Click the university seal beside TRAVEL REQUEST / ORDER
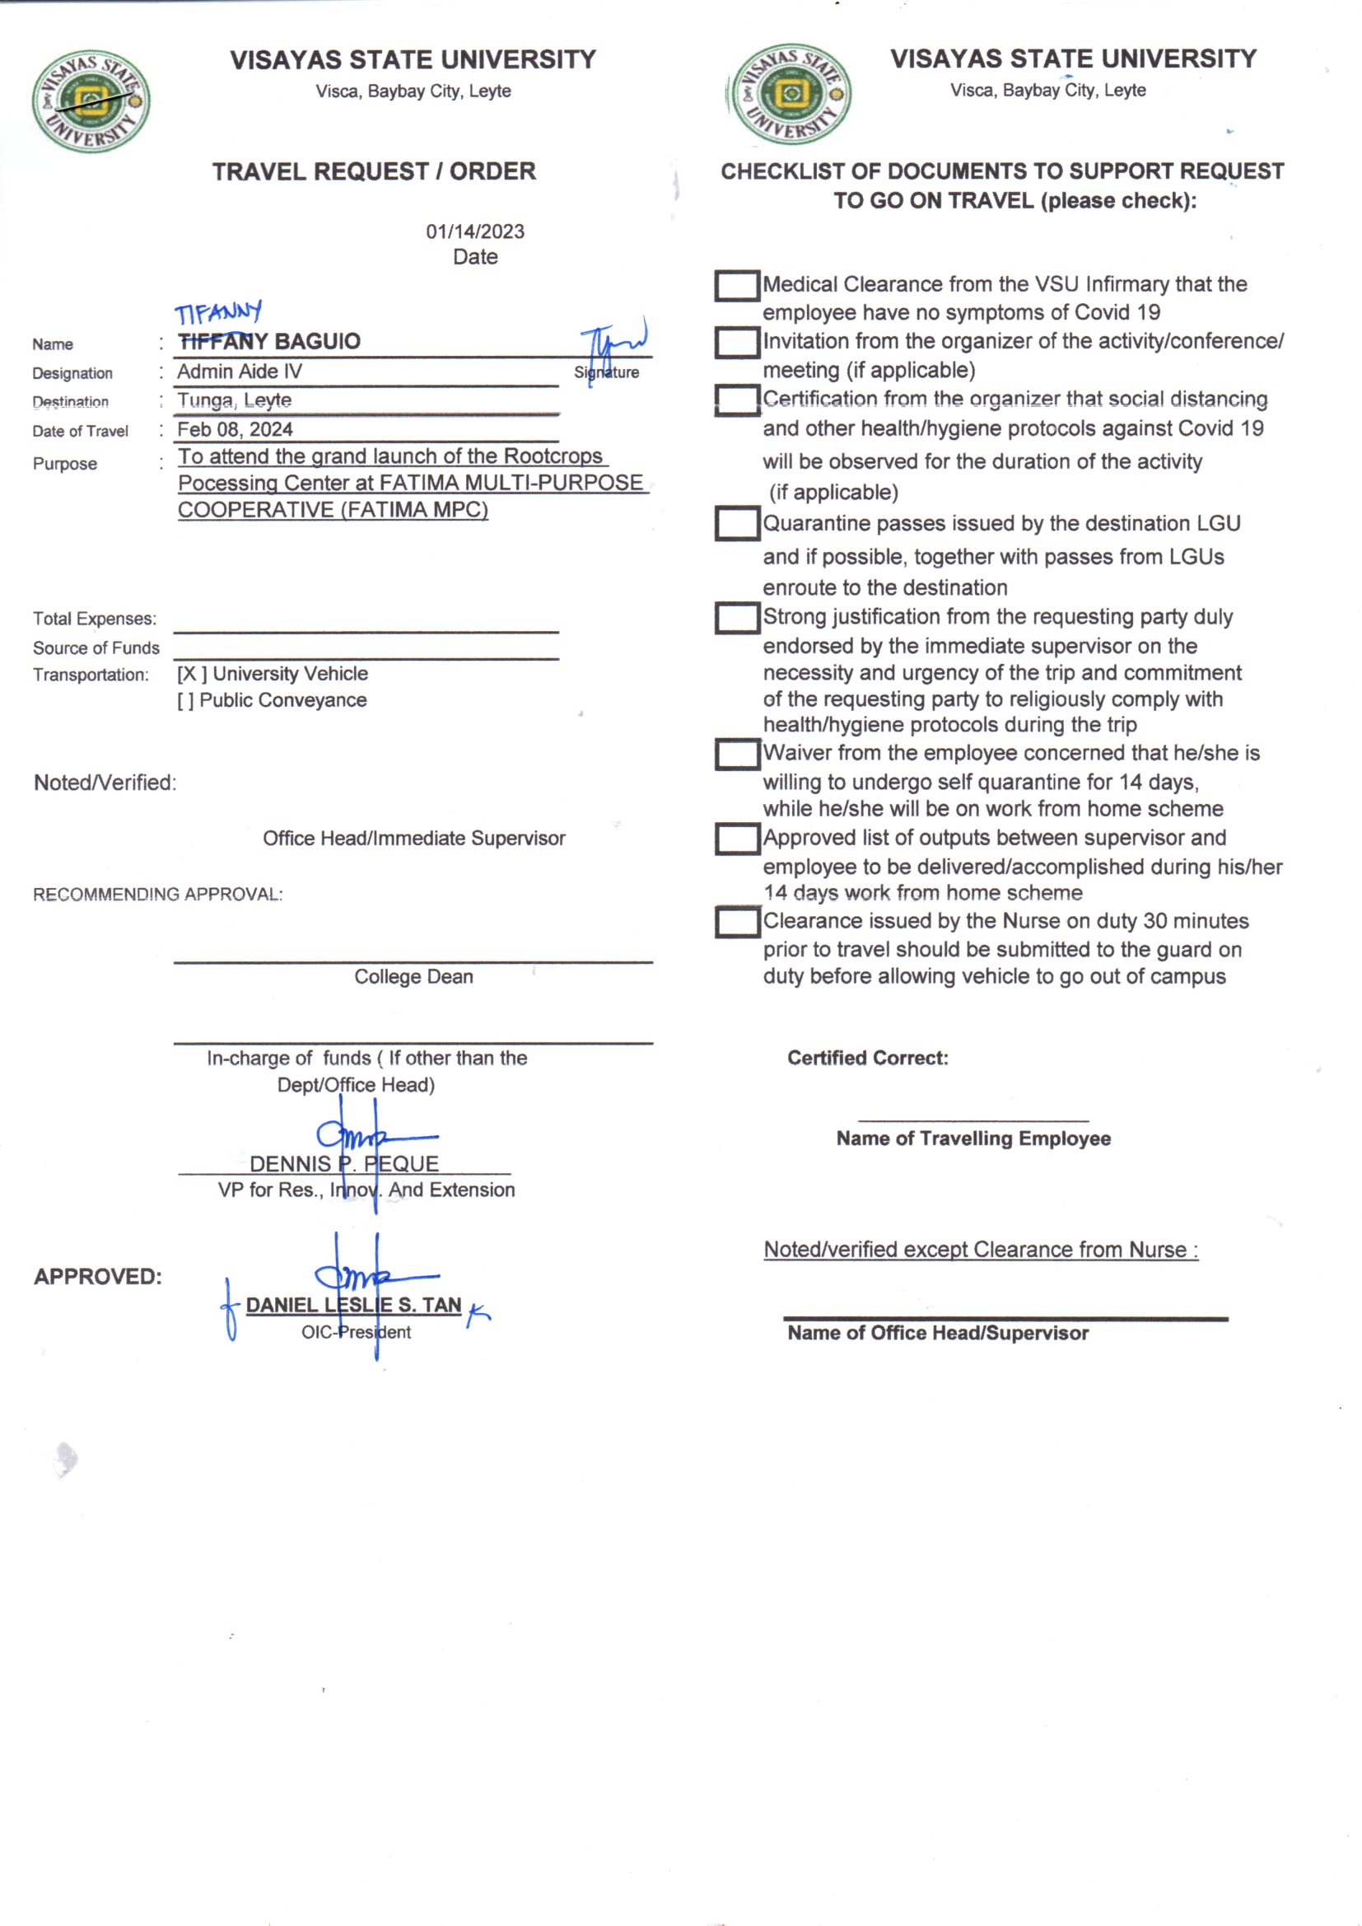[x=91, y=101]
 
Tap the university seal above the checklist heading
[x=790, y=94]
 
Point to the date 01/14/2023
[x=474, y=231]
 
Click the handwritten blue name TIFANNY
[x=218, y=313]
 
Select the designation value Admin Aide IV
[x=239, y=372]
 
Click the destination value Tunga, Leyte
[x=234, y=400]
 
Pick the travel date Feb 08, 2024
[x=235, y=429]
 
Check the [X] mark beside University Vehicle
[x=191, y=674]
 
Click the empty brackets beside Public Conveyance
[x=185, y=700]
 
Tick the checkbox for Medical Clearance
[x=736, y=285]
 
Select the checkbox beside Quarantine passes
[x=736, y=523]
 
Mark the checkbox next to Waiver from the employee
[x=736, y=753]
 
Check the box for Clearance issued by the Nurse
[x=736, y=921]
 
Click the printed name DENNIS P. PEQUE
[x=344, y=1163]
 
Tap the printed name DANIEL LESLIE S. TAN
[x=353, y=1304]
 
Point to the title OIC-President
[x=356, y=1332]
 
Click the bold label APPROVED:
[x=97, y=1276]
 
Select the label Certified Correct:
[x=867, y=1058]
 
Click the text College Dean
[x=413, y=976]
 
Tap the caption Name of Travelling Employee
[x=973, y=1138]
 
